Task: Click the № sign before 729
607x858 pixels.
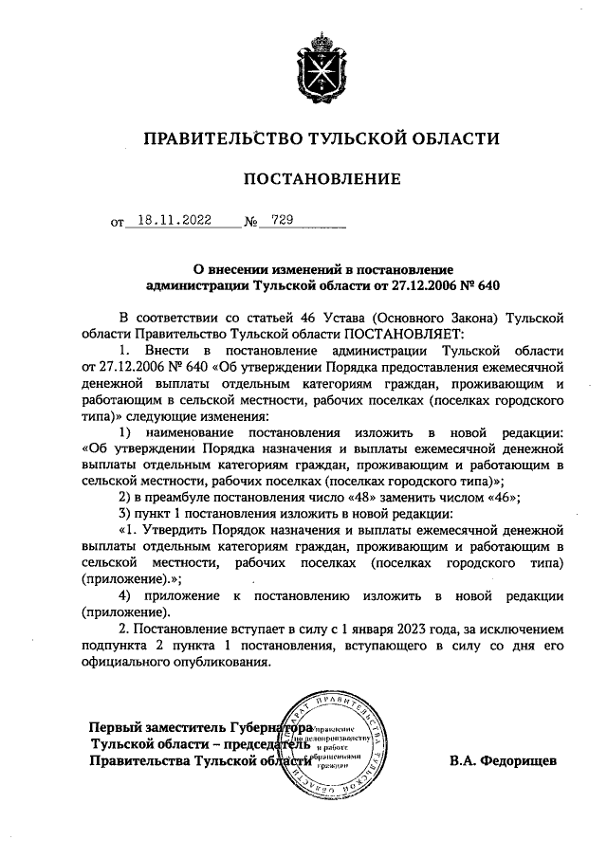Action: (x=251, y=224)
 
